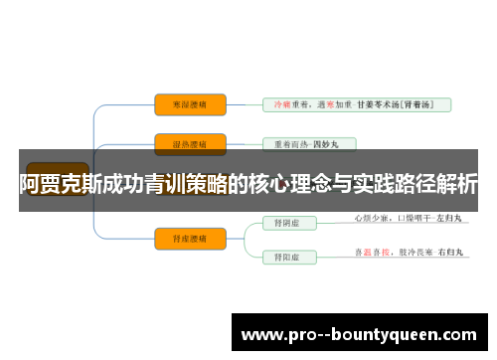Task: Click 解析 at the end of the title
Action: point(458,184)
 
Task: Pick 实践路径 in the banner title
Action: point(399,184)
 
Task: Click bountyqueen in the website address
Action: point(409,335)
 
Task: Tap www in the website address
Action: point(261,335)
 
